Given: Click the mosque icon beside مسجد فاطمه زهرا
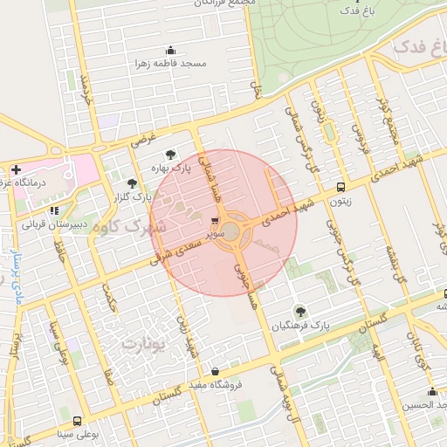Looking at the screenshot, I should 169,50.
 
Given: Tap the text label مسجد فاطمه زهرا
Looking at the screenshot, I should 169,64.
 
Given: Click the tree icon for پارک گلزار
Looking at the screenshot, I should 132,182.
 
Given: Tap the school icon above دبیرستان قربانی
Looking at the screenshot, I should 54,210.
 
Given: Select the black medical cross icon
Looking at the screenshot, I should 16,168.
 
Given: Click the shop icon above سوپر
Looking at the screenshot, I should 215,221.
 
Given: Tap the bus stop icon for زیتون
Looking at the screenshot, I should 340,187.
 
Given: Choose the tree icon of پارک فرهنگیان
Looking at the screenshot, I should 301,311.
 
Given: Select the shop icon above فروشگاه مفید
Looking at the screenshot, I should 215,370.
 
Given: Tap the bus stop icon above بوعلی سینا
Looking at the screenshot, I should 78,421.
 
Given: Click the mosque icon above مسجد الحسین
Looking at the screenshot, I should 432,391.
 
